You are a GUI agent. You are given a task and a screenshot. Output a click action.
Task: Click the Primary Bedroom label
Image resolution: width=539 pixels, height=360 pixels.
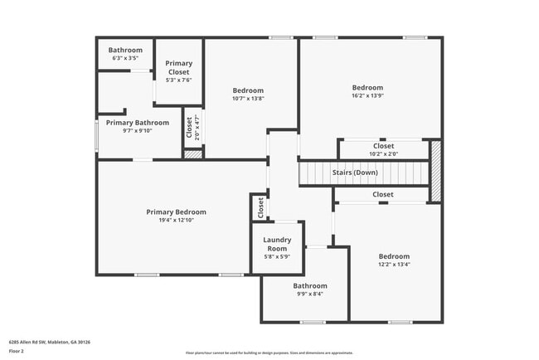pyautogui.click(x=176, y=212)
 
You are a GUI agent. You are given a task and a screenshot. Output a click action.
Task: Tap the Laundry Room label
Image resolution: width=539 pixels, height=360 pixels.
pyautogui.click(x=276, y=245)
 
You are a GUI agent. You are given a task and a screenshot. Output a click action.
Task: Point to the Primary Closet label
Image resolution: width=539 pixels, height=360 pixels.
pyautogui.click(x=179, y=67)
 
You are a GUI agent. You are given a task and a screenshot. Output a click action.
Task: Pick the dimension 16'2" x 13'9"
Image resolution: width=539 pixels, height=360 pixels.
pyautogui.click(x=367, y=96)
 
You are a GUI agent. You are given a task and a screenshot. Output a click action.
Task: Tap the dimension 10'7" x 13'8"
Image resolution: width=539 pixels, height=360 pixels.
pyautogui.click(x=248, y=99)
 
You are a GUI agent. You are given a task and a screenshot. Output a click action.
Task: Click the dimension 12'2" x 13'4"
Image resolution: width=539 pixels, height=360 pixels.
pyautogui.click(x=394, y=265)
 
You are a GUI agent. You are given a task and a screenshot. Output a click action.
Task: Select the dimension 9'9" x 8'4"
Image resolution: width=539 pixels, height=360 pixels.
pyautogui.click(x=308, y=294)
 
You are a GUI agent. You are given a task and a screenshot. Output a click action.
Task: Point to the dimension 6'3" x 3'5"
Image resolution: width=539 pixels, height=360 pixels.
pyautogui.click(x=125, y=59)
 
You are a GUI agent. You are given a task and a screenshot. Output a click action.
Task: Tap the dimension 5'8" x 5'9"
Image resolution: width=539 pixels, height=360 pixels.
pyautogui.click(x=276, y=257)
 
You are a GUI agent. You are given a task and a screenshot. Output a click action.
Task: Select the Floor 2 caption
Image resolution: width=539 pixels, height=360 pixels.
pyautogui.click(x=17, y=351)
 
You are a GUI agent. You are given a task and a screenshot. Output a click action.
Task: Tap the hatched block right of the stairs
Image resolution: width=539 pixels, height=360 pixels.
pyautogui.click(x=435, y=170)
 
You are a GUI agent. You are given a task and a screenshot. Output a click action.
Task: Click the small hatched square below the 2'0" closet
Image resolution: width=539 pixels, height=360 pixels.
pyautogui.click(x=192, y=154)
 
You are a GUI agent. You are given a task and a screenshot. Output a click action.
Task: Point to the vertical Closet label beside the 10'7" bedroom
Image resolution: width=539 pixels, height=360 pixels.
pyautogui.click(x=190, y=128)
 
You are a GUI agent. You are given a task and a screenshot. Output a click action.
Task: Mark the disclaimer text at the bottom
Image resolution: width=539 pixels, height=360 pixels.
pyautogui.click(x=269, y=353)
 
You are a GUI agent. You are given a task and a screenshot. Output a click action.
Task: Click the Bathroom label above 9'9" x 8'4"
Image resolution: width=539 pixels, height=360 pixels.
pyautogui.click(x=308, y=285)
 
